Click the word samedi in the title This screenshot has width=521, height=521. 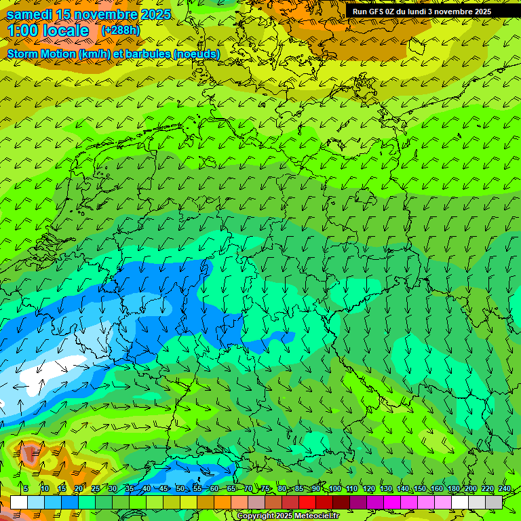pos(31,14)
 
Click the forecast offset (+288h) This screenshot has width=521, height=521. pos(120,31)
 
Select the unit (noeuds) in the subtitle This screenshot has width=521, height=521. pos(196,54)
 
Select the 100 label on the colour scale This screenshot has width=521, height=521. pos(334,488)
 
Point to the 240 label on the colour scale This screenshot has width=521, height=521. pos(505,488)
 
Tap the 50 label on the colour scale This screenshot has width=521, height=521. pos(180,488)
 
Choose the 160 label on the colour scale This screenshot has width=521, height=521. pos(437,488)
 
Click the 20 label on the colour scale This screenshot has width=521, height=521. pos(78,488)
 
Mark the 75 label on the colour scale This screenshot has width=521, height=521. pos(265,488)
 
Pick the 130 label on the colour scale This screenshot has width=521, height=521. pos(386,488)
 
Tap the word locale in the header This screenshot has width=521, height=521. pos(64,31)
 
